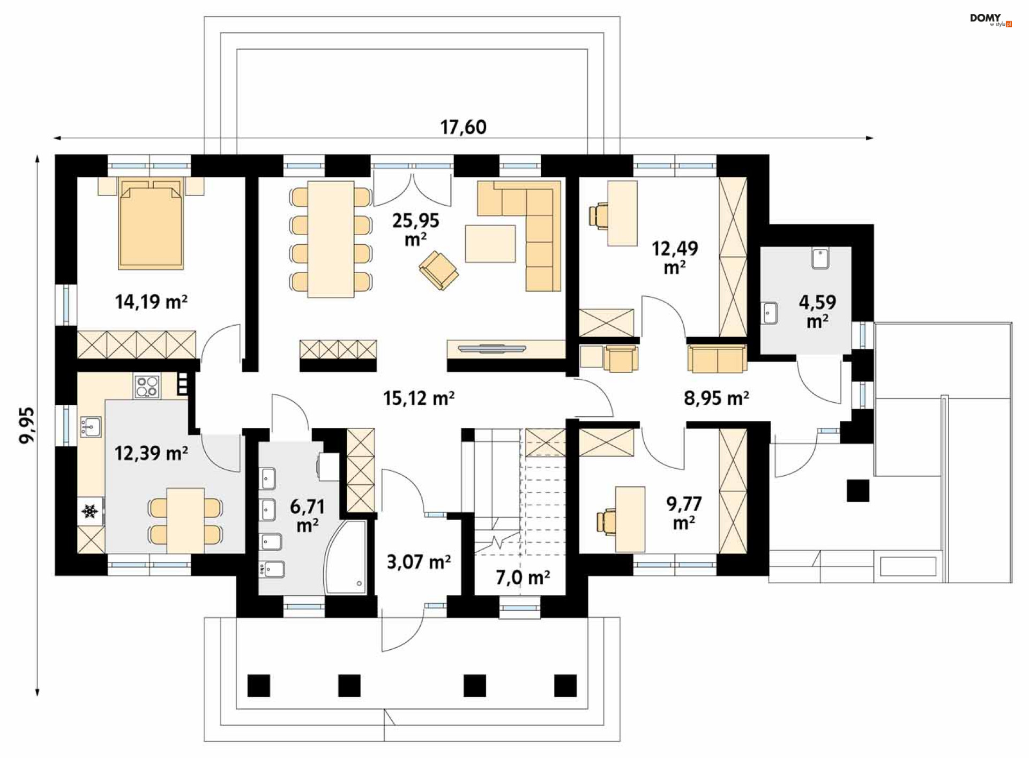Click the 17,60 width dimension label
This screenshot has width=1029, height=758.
click(x=464, y=127)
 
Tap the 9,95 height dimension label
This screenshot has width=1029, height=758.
click(x=27, y=425)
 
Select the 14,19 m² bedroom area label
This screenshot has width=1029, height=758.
click(x=151, y=302)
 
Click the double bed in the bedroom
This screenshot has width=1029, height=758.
click(x=151, y=224)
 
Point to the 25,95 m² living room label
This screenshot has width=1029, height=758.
click(x=416, y=229)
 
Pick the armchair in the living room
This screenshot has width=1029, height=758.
click(x=439, y=271)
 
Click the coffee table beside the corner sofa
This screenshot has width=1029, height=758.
click(x=490, y=244)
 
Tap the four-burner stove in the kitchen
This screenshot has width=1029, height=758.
click(x=147, y=387)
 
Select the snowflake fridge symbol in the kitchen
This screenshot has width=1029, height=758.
click(x=90, y=512)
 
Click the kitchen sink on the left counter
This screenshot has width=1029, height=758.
click(x=91, y=427)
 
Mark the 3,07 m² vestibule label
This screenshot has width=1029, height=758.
click(x=419, y=562)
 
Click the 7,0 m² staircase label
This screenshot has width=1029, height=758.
click(x=523, y=577)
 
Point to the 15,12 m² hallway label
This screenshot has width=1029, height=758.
click(x=419, y=398)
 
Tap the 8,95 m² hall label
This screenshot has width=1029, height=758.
click(x=717, y=398)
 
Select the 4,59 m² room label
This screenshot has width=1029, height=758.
click(x=817, y=311)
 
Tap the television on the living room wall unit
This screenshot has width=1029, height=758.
click(x=491, y=349)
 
